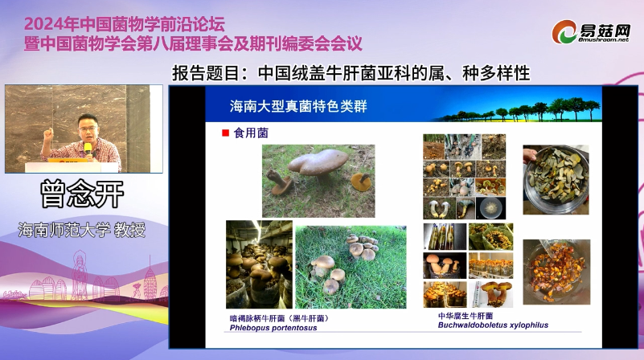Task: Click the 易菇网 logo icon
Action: pos(564,31)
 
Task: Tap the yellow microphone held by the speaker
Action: pos(88,149)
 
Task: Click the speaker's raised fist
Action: pos(49,134)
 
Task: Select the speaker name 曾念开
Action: pos(82,194)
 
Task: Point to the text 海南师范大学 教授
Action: pos(82,230)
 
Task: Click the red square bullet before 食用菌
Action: pos(225,133)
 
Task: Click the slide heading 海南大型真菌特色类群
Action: pos(298,106)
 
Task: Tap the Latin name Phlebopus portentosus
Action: pos(273,328)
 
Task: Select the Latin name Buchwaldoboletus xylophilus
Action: pos(493,325)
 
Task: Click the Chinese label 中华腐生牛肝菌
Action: pos(466,316)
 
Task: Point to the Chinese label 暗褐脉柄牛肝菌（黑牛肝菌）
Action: pos(279,318)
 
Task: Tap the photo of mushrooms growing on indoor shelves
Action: pos(259,264)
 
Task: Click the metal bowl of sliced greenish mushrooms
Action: pos(556,180)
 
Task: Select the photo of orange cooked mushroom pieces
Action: pos(556,272)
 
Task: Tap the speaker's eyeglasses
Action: pos(88,129)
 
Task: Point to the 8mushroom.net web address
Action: pos(604,40)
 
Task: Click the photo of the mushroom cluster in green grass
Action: pos(351,267)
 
